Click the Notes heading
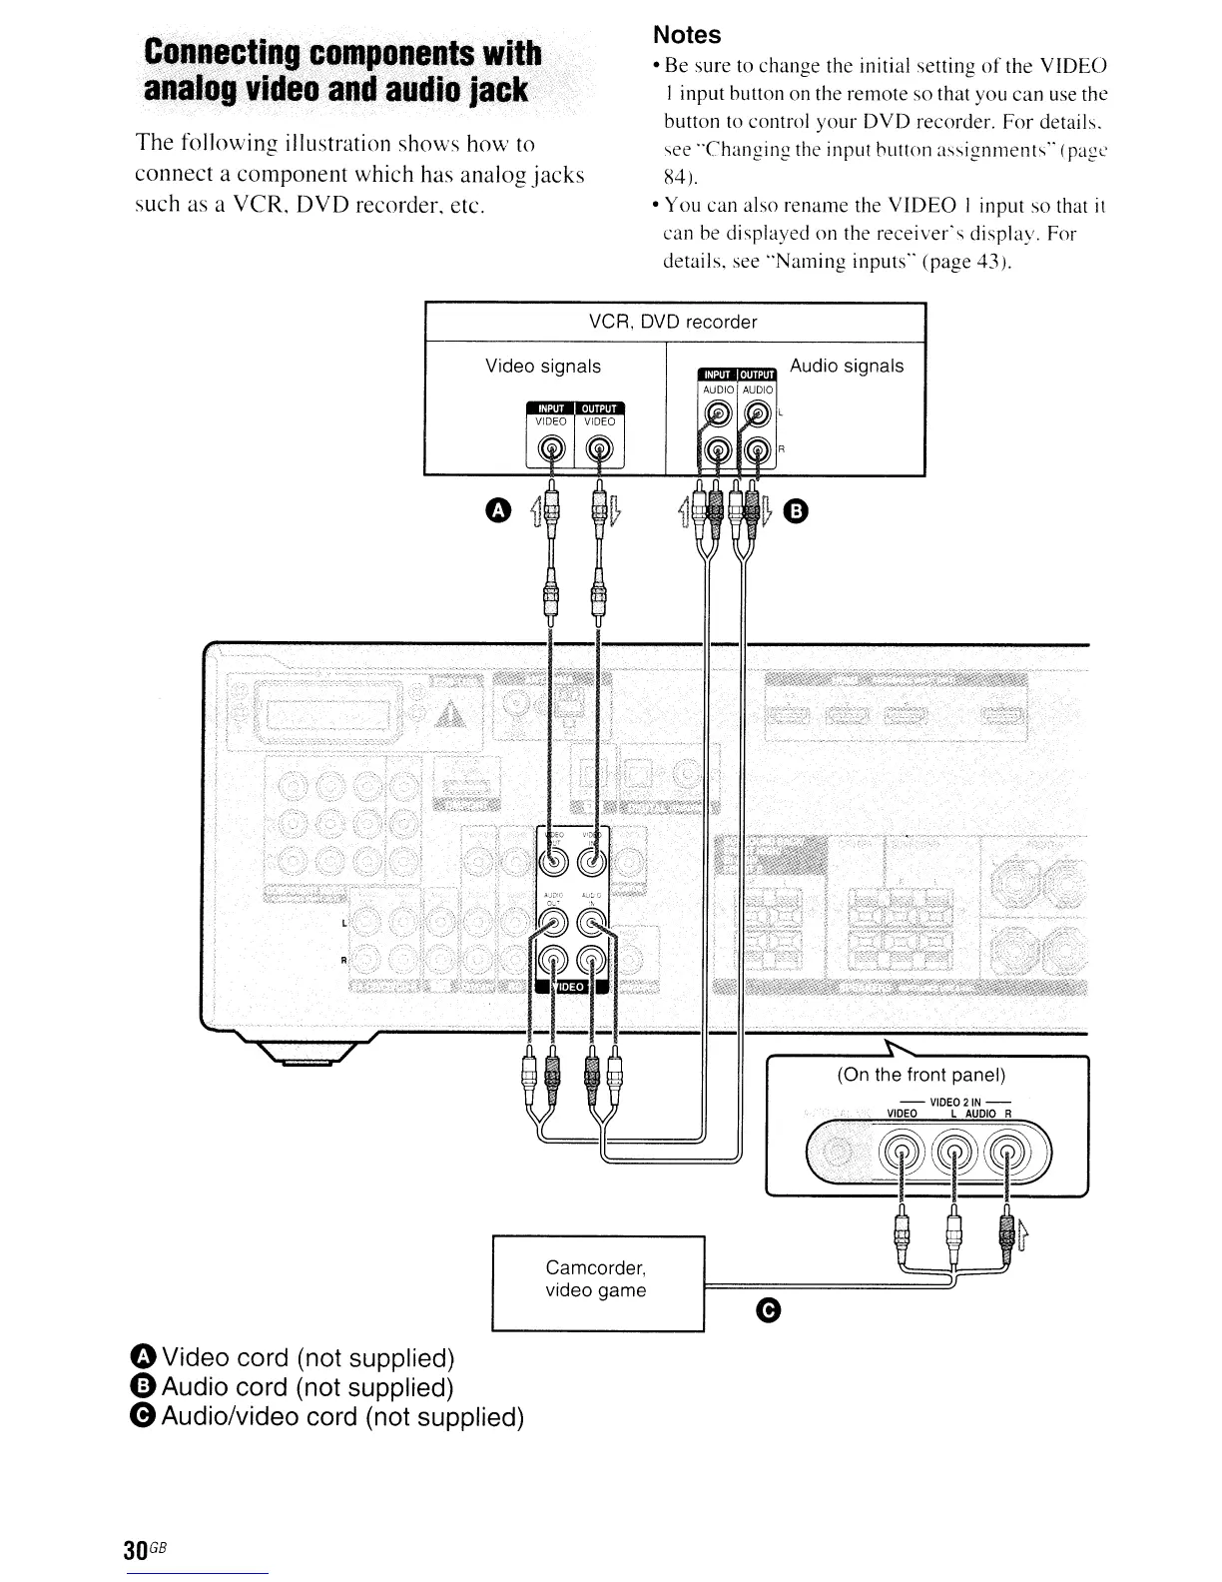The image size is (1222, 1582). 686,35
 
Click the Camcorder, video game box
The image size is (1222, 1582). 596,1281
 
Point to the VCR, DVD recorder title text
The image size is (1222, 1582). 673,322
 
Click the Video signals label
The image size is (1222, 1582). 543,367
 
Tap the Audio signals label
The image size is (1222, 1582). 847,366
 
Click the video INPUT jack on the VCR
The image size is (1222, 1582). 550,449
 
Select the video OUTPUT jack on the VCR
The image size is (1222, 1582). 599,449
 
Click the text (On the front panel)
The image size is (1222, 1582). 920,1075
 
